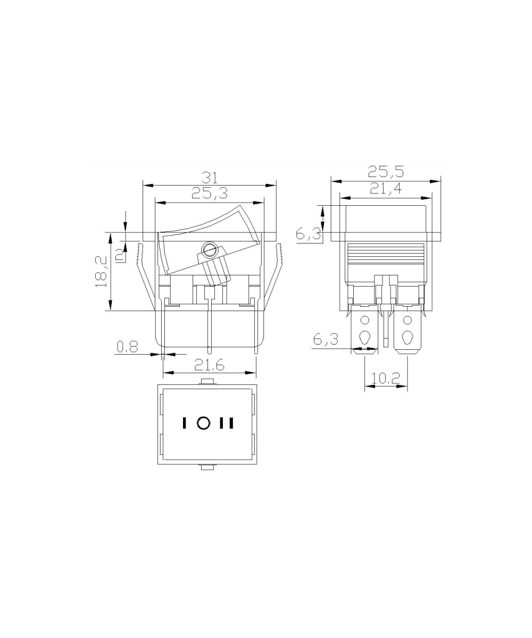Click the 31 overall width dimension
click(x=209, y=177)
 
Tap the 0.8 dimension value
click(x=127, y=347)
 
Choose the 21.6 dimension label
click(x=209, y=365)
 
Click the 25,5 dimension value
click(x=386, y=171)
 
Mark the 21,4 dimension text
click(x=386, y=188)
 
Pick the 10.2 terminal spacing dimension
click(x=386, y=379)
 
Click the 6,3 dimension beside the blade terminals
click(x=326, y=339)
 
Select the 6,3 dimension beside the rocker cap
click(x=309, y=234)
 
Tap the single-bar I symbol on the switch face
click(x=184, y=423)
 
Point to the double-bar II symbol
click(x=227, y=423)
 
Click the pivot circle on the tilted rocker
click(x=209, y=248)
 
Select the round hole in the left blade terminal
click(x=365, y=320)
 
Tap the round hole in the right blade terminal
click(x=407, y=320)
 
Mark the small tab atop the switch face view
click(x=207, y=381)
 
